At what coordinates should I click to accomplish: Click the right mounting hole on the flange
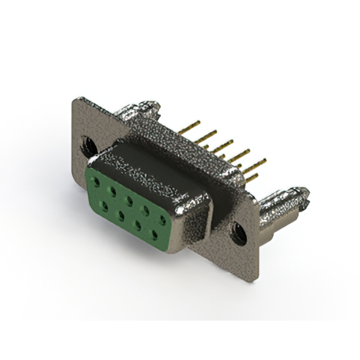(x=238, y=232)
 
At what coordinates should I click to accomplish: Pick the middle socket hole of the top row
(x=129, y=200)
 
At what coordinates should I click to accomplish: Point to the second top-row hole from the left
(x=114, y=191)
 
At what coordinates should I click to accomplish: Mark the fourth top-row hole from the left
(x=146, y=209)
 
